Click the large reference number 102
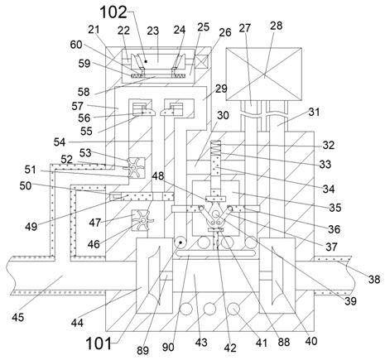click(113, 12)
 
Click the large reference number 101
click(99, 343)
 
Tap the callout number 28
click(277, 26)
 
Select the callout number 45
click(18, 317)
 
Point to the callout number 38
click(374, 280)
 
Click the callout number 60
click(76, 45)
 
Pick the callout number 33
click(325, 164)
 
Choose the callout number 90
click(168, 348)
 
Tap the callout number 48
click(158, 175)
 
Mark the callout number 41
click(261, 343)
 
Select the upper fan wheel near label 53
click(134, 168)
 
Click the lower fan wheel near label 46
click(142, 220)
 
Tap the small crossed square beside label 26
click(201, 61)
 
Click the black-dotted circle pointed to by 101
click(180, 242)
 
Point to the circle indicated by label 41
click(234, 308)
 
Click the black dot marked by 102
click(146, 61)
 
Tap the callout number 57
click(77, 106)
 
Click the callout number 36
click(334, 229)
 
